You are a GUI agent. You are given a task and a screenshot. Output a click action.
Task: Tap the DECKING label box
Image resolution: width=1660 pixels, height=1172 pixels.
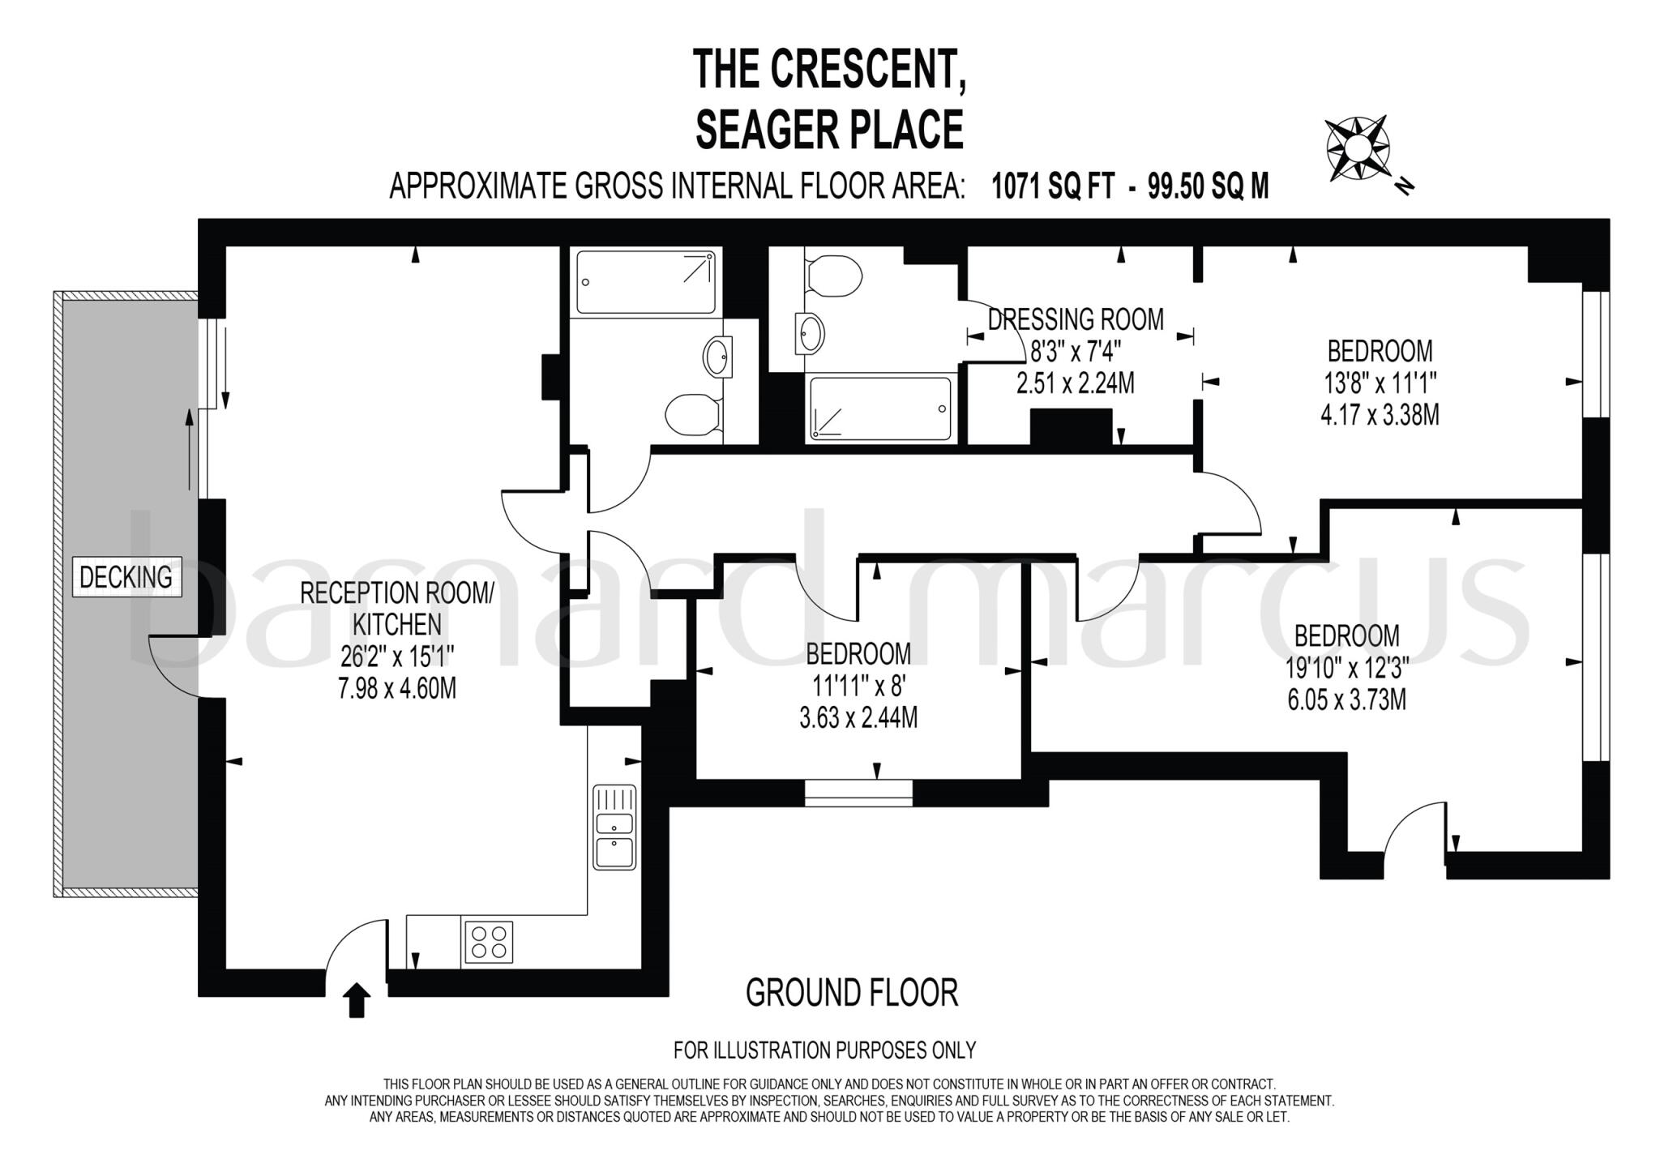(x=126, y=577)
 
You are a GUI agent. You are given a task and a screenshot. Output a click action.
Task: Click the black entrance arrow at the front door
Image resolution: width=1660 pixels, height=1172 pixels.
(x=357, y=1000)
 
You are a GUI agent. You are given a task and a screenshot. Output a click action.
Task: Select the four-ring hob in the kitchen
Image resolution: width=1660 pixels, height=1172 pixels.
(x=488, y=942)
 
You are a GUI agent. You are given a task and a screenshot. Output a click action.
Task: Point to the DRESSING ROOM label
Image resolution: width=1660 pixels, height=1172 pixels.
(x=1076, y=319)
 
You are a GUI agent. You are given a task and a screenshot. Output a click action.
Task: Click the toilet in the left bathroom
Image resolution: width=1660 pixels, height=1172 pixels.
(x=691, y=415)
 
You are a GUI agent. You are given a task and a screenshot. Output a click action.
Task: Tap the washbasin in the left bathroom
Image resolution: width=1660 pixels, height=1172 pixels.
(x=718, y=357)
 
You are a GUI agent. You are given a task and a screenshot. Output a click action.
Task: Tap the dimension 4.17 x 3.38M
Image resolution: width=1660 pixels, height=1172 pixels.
(x=1380, y=415)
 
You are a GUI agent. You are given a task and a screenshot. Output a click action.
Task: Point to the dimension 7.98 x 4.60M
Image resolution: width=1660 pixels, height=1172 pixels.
(x=396, y=689)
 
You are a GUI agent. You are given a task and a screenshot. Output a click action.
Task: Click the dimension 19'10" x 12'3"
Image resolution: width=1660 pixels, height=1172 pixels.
(x=1346, y=668)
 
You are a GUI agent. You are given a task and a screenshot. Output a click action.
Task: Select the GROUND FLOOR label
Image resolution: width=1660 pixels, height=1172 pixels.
(x=851, y=993)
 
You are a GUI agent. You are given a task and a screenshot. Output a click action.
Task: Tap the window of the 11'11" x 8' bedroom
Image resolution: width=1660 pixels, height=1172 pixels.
(x=858, y=792)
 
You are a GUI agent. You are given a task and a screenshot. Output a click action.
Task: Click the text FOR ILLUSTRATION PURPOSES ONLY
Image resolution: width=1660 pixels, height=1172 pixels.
(x=824, y=1050)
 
